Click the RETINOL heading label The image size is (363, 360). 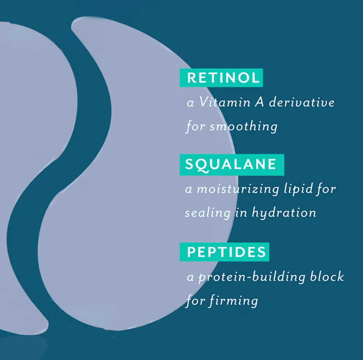click(x=221, y=78)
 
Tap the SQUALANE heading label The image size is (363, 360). click(x=232, y=165)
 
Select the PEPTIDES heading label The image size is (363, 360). click(x=224, y=252)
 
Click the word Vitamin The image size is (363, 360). click(x=225, y=102)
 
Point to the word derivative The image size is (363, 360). click(x=302, y=102)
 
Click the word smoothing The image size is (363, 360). click(x=243, y=127)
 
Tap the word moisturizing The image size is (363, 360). click(x=238, y=189)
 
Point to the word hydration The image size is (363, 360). click(x=284, y=213)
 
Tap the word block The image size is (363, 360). click(x=327, y=276)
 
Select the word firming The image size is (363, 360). click(x=234, y=301)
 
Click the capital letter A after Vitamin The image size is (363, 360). click(x=260, y=102)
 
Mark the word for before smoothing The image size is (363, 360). click(x=195, y=127)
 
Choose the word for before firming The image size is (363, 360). click(x=195, y=301)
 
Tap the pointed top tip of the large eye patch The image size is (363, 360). click(x=72, y=26)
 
